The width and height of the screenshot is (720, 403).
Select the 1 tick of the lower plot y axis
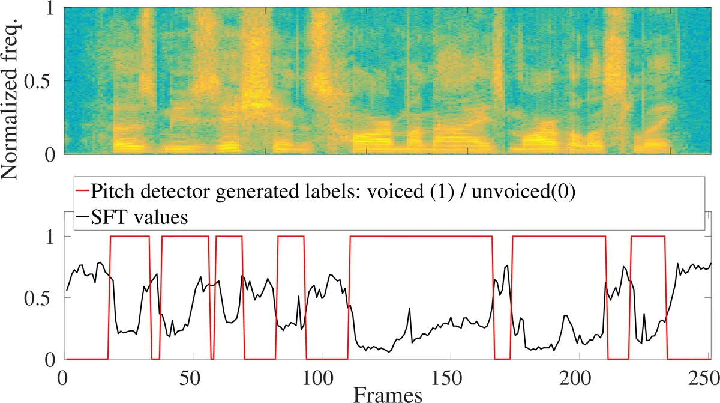53,237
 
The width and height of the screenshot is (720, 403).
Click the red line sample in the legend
82,192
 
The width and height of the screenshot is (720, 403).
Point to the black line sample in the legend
82,217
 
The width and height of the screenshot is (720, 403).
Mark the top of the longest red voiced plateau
420,237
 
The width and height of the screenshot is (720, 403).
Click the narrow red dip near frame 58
213,358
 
